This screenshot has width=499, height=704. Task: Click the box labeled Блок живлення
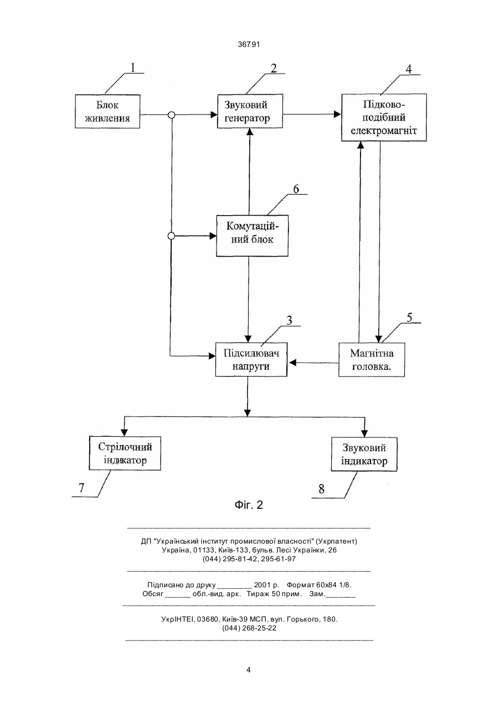(x=107, y=111)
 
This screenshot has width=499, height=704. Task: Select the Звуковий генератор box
(x=250, y=111)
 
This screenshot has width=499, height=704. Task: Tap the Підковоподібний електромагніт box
(x=384, y=117)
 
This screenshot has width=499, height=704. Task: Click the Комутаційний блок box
(x=252, y=236)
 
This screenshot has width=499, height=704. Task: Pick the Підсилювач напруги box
(x=251, y=359)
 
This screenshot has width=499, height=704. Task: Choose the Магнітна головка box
(x=372, y=360)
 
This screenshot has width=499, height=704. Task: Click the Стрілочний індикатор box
(x=125, y=453)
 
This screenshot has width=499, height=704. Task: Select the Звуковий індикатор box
(x=364, y=454)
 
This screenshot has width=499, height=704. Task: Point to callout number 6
(x=296, y=189)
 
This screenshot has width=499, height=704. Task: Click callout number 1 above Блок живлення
(x=133, y=67)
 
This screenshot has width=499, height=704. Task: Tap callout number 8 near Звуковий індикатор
(x=321, y=489)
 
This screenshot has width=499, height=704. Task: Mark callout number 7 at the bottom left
(x=81, y=488)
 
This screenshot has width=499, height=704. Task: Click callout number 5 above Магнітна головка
(x=409, y=317)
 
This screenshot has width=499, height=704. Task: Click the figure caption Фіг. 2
(x=249, y=505)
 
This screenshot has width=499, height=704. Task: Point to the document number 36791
(x=249, y=45)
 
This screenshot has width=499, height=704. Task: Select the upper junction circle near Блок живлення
(x=172, y=114)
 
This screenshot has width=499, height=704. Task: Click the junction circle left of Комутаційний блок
(x=171, y=236)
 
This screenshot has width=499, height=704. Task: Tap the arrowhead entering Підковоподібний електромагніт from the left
(x=338, y=114)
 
